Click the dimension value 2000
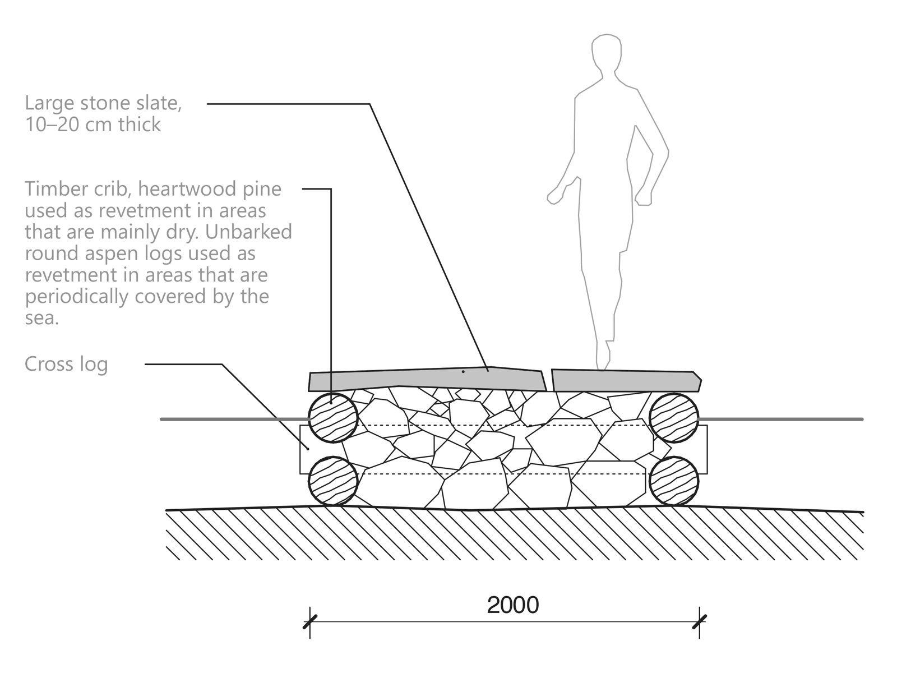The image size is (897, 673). point(513,605)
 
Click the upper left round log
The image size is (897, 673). point(333,418)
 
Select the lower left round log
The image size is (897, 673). point(333,481)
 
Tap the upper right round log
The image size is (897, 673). point(674,418)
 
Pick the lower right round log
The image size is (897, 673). point(674,481)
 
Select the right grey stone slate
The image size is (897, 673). point(625,380)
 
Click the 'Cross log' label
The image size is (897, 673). point(66,365)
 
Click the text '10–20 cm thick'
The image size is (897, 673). point(93,125)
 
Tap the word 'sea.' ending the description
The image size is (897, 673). point(41,318)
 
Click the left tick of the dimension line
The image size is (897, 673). point(309,622)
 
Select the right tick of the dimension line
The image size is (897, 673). point(699,622)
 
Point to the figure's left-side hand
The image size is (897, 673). point(554,196)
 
